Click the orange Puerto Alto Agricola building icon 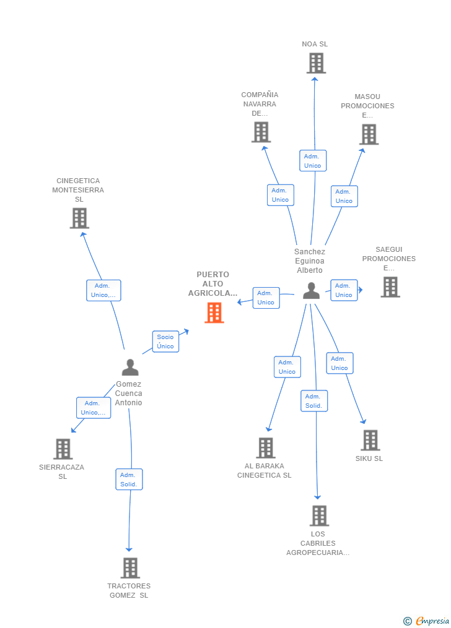click(214, 312)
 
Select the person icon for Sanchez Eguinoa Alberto click(311, 290)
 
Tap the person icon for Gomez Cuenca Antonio click(130, 367)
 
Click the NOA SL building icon click(317, 63)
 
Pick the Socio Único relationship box click(165, 342)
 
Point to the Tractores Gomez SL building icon click(130, 568)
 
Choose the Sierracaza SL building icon click(63, 449)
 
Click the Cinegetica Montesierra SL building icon click(79, 218)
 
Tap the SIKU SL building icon click(370, 440)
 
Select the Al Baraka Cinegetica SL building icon click(266, 448)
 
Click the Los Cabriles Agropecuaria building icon click(320, 515)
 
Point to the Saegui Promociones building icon click(390, 287)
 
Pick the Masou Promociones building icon click(369, 134)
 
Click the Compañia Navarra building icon click(261, 132)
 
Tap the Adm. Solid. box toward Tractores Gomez click(129, 480)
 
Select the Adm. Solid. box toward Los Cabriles click(314, 401)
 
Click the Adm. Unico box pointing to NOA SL click(313, 161)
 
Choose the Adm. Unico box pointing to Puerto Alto click(266, 298)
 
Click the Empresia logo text click(432, 621)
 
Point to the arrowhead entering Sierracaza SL click(73, 430)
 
